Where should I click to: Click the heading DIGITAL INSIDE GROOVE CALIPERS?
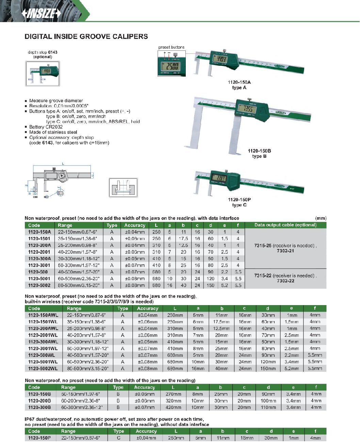(x=86, y=36)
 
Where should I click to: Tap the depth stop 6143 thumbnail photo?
(x=43, y=74)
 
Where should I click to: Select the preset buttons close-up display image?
(x=171, y=64)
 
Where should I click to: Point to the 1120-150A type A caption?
(x=239, y=85)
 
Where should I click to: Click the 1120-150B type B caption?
(x=259, y=154)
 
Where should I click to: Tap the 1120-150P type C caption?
(x=239, y=202)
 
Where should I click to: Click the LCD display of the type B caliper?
(x=247, y=109)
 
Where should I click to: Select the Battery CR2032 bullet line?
(x=46, y=127)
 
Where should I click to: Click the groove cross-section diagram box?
(x=123, y=187)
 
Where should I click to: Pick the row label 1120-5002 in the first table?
(x=39, y=285)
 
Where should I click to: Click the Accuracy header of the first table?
(x=135, y=225)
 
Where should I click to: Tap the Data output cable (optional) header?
(x=285, y=225)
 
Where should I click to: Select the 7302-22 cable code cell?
(x=285, y=281)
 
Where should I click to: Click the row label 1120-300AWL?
(x=43, y=342)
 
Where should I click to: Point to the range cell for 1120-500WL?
(x=87, y=355)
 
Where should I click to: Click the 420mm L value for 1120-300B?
(x=173, y=407)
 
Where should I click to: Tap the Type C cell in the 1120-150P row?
(x=118, y=438)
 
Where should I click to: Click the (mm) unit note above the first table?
(x=321, y=218)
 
